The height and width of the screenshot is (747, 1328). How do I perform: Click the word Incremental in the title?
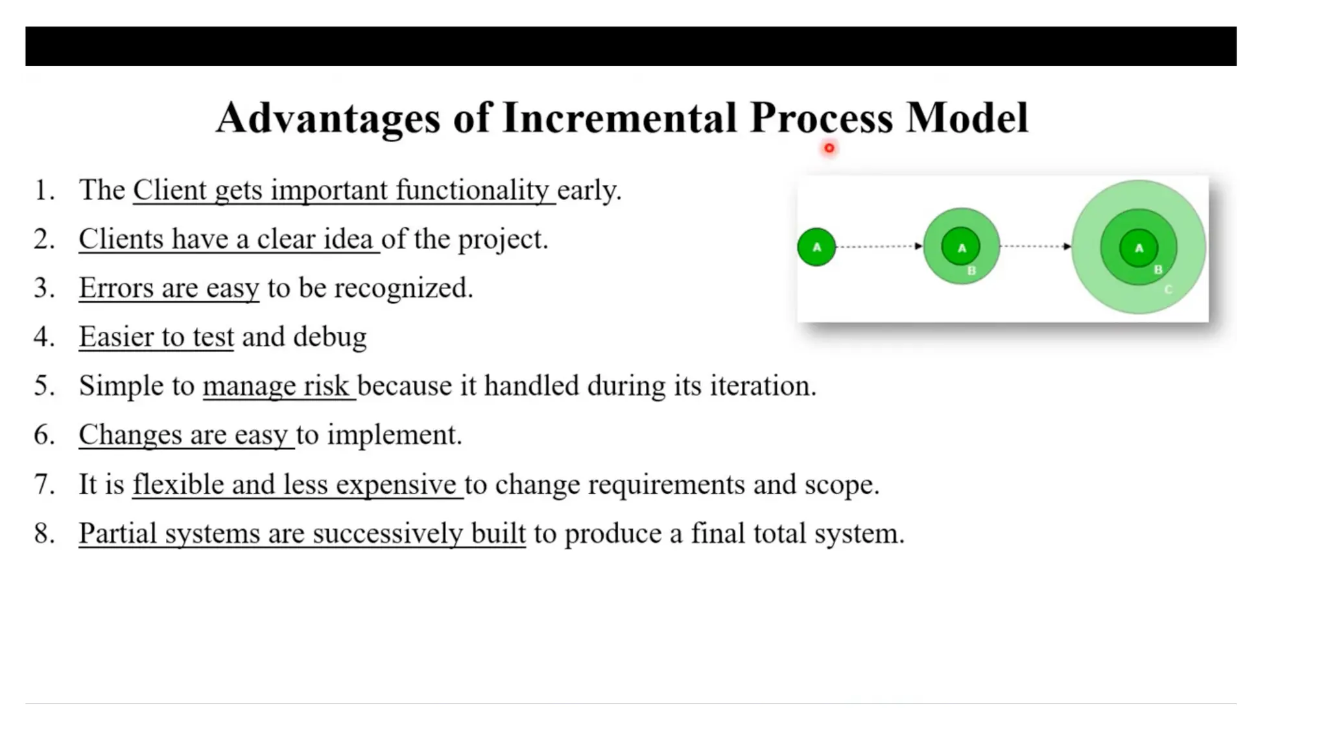tap(619, 118)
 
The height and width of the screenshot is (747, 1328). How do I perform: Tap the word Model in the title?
tap(967, 118)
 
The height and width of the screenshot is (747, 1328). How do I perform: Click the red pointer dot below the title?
tap(829, 148)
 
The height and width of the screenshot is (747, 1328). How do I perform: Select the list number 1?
tap(43, 191)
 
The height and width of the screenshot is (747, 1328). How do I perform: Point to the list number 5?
tap(43, 386)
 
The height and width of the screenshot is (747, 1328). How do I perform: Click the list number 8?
tap(43, 534)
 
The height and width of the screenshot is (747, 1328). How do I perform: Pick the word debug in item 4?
tap(329, 337)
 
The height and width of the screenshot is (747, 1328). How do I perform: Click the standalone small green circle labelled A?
tap(816, 247)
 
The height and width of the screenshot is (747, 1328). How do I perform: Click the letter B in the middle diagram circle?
tap(971, 270)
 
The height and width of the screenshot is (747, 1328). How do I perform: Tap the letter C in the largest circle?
tap(1168, 289)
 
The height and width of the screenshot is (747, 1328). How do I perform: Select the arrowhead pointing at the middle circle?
tap(918, 246)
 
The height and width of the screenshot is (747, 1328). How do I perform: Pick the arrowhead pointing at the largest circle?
tap(1067, 246)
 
